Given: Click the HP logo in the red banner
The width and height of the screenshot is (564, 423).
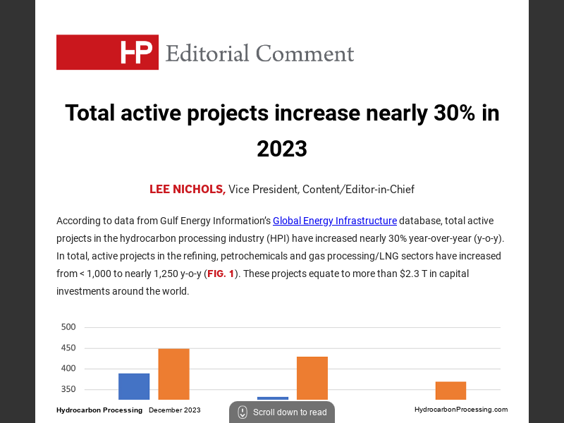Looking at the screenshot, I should (x=136, y=52).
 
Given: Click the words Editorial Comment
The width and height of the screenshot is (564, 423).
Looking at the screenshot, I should (x=259, y=54).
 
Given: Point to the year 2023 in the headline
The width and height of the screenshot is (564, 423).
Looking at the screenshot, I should (x=282, y=149).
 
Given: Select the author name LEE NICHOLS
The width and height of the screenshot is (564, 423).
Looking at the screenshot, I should (x=187, y=189).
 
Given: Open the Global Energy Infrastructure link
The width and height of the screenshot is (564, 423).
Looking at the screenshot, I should (x=335, y=221).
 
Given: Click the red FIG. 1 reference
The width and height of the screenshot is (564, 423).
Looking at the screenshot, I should (x=221, y=274).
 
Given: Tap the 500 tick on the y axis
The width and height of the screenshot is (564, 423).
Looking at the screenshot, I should (x=68, y=327).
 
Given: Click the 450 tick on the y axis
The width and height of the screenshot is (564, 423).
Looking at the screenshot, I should (x=68, y=348).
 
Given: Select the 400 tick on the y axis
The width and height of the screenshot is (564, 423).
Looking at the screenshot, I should (x=68, y=369).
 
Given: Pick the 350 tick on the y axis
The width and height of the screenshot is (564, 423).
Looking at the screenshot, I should (x=68, y=389).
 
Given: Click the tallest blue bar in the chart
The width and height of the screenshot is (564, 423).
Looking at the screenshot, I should (x=134, y=386).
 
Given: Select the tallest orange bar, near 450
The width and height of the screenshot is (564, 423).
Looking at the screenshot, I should (x=173, y=374).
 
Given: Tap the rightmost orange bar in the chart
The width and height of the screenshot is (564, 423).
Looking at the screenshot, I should (x=450, y=391).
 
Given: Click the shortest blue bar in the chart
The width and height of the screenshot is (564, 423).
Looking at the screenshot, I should (x=273, y=398).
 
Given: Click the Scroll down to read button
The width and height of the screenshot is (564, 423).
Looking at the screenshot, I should (x=282, y=412).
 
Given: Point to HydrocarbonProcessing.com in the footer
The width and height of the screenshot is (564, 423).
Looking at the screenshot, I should (x=460, y=410).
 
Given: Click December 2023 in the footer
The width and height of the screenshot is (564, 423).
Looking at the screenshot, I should (x=174, y=410).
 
